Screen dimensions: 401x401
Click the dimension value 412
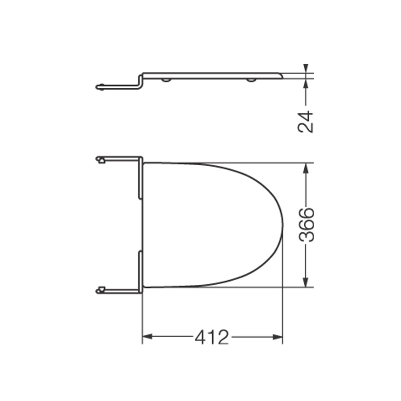tap(212, 337)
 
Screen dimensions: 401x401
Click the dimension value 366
tap(306, 225)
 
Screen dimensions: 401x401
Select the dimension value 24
tap(306, 122)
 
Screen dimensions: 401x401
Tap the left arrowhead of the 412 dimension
tap(147, 337)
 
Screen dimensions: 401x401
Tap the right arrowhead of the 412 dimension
tap(278, 337)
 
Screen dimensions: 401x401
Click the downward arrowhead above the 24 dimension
tap(306, 68)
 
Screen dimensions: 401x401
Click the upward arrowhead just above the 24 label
tap(306, 84)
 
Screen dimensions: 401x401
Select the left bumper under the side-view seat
tap(166, 80)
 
